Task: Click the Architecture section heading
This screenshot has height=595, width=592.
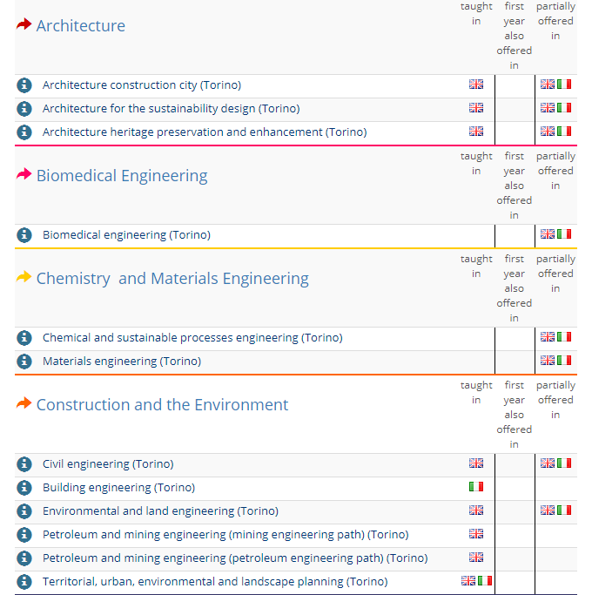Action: (x=80, y=26)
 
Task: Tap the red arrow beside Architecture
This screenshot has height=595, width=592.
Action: (x=24, y=25)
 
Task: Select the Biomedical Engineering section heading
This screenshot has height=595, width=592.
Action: (x=122, y=176)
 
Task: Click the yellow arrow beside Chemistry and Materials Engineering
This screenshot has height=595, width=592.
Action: (x=24, y=278)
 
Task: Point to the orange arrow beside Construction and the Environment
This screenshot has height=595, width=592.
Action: (x=24, y=404)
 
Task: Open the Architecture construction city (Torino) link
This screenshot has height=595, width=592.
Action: (x=142, y=85)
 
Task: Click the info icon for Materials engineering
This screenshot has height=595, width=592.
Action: (x=24, y=361)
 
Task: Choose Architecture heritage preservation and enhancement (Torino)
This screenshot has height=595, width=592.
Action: (x=205, y=132)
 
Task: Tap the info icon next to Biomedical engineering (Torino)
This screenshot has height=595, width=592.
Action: (x=24, y=235)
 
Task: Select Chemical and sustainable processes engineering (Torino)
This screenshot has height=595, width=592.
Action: (x=192, y=338)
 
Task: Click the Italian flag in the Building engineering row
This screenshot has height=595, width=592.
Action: (x=476, y=487)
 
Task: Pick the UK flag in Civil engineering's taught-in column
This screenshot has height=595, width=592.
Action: (x=476, y=463)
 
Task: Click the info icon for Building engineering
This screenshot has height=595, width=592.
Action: (x=24, y=488)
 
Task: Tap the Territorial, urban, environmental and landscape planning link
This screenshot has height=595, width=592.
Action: (x=215, y=582)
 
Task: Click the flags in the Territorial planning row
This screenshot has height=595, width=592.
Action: (x=476, y=581)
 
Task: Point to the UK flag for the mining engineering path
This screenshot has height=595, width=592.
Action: (x=476, y=534)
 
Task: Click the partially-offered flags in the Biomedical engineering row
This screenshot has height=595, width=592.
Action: (x=555, y=234)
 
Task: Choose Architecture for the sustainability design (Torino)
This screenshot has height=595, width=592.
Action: (x=171, y=109)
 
